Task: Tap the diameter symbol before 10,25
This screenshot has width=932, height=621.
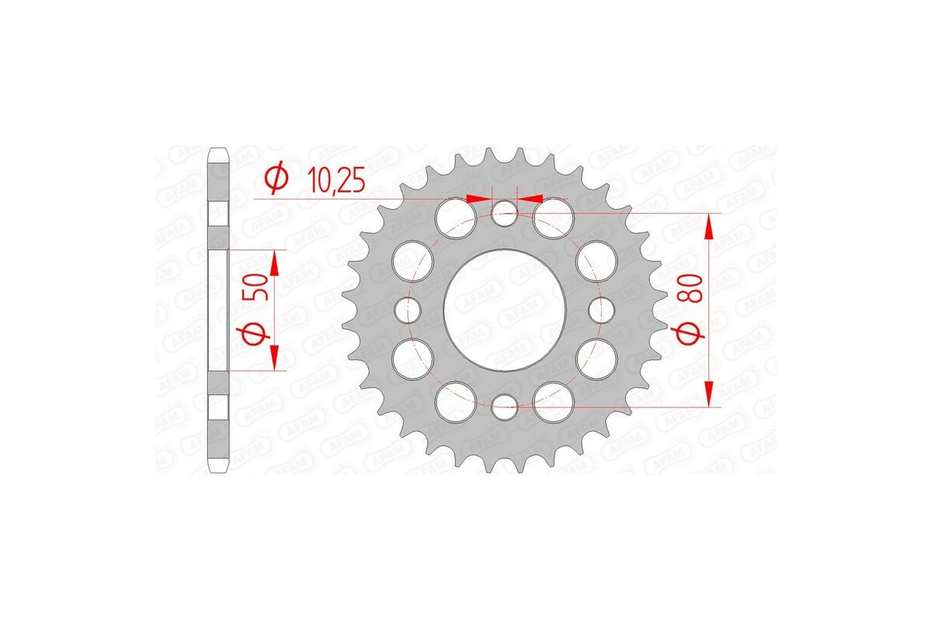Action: [276, 179]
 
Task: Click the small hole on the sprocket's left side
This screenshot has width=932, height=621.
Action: [407, 310]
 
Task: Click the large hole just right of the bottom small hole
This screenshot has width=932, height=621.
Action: [554, 402]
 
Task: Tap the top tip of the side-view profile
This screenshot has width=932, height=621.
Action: [218, 148]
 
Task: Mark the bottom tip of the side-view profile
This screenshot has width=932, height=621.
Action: [218, 472]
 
